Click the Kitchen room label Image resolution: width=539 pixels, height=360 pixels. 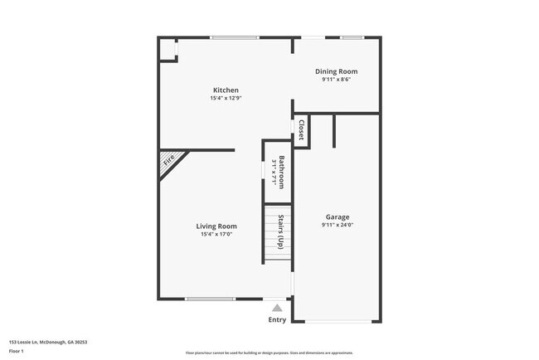pyautogui.click(x=226, y=90)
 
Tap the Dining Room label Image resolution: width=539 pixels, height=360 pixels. pyautogui.click(x=336, y=72)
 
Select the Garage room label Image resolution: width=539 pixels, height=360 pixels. pyautogui.click(x=337, y=217)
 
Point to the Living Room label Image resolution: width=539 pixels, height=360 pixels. pyautogui.click(x=216, y=226)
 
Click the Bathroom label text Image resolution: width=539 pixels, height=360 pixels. pyautogui.click(x=282, y=172)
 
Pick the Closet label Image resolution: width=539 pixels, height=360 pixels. pyautogui.click(x=301, y=130)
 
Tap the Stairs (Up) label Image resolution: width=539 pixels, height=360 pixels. pyautogui.click(x=281, y=231)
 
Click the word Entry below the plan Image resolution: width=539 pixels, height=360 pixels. pyautogui.click(x=277, y=319)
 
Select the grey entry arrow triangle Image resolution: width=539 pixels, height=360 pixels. pyautogui.click(x=277, y=307)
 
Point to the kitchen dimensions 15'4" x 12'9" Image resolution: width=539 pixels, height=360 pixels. pyautogui.click(x=226, y=98)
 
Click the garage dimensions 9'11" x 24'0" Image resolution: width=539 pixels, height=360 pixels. pyautogui.click(x=337, y=225)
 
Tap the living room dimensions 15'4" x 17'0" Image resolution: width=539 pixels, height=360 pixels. pyautogui.click(x=216, y=234)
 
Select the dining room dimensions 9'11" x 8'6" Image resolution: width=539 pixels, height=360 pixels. pyautogui.click(x=336, y=80)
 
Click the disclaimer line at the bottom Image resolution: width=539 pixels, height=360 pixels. pyautogui.click(x=269, y=353)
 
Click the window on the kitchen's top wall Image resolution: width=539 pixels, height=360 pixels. pyautogui.click(x=235, y=37)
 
